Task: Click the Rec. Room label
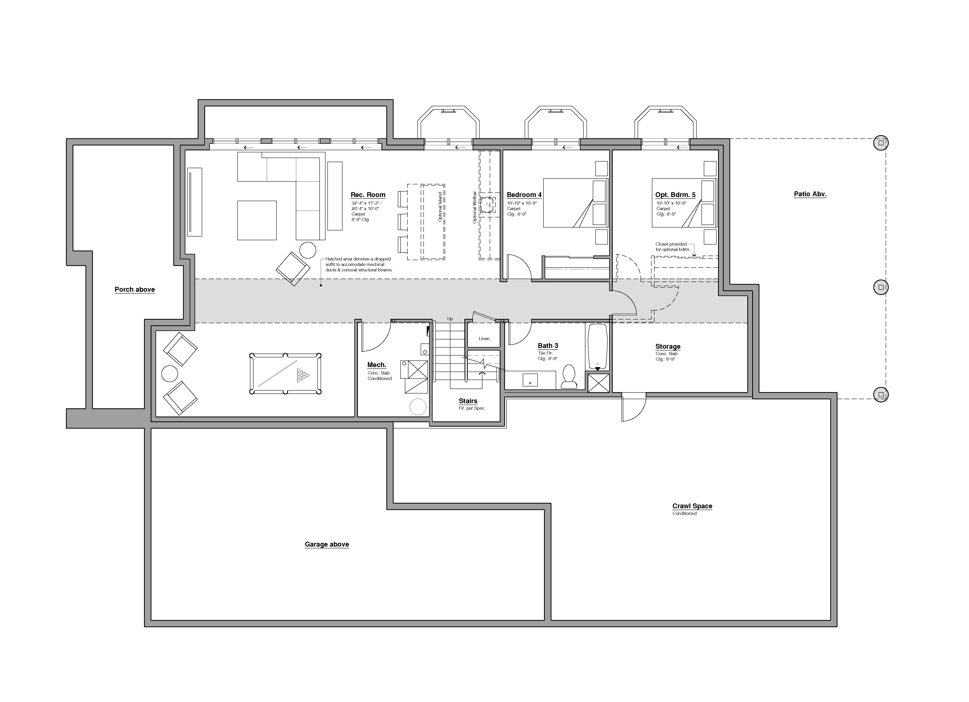[368, 195]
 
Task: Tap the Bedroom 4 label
[524, 195]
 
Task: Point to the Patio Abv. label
[810, 194]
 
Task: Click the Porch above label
[135, 289]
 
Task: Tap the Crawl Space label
[692, 506]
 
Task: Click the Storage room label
[668, 347]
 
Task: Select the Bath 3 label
[548, 346]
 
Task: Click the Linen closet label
[484, 339]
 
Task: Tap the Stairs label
[468, 401]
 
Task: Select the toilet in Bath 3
[569, 377]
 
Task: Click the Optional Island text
[440, 207]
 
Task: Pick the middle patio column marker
[881, 287]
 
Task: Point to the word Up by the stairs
[450, 319]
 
